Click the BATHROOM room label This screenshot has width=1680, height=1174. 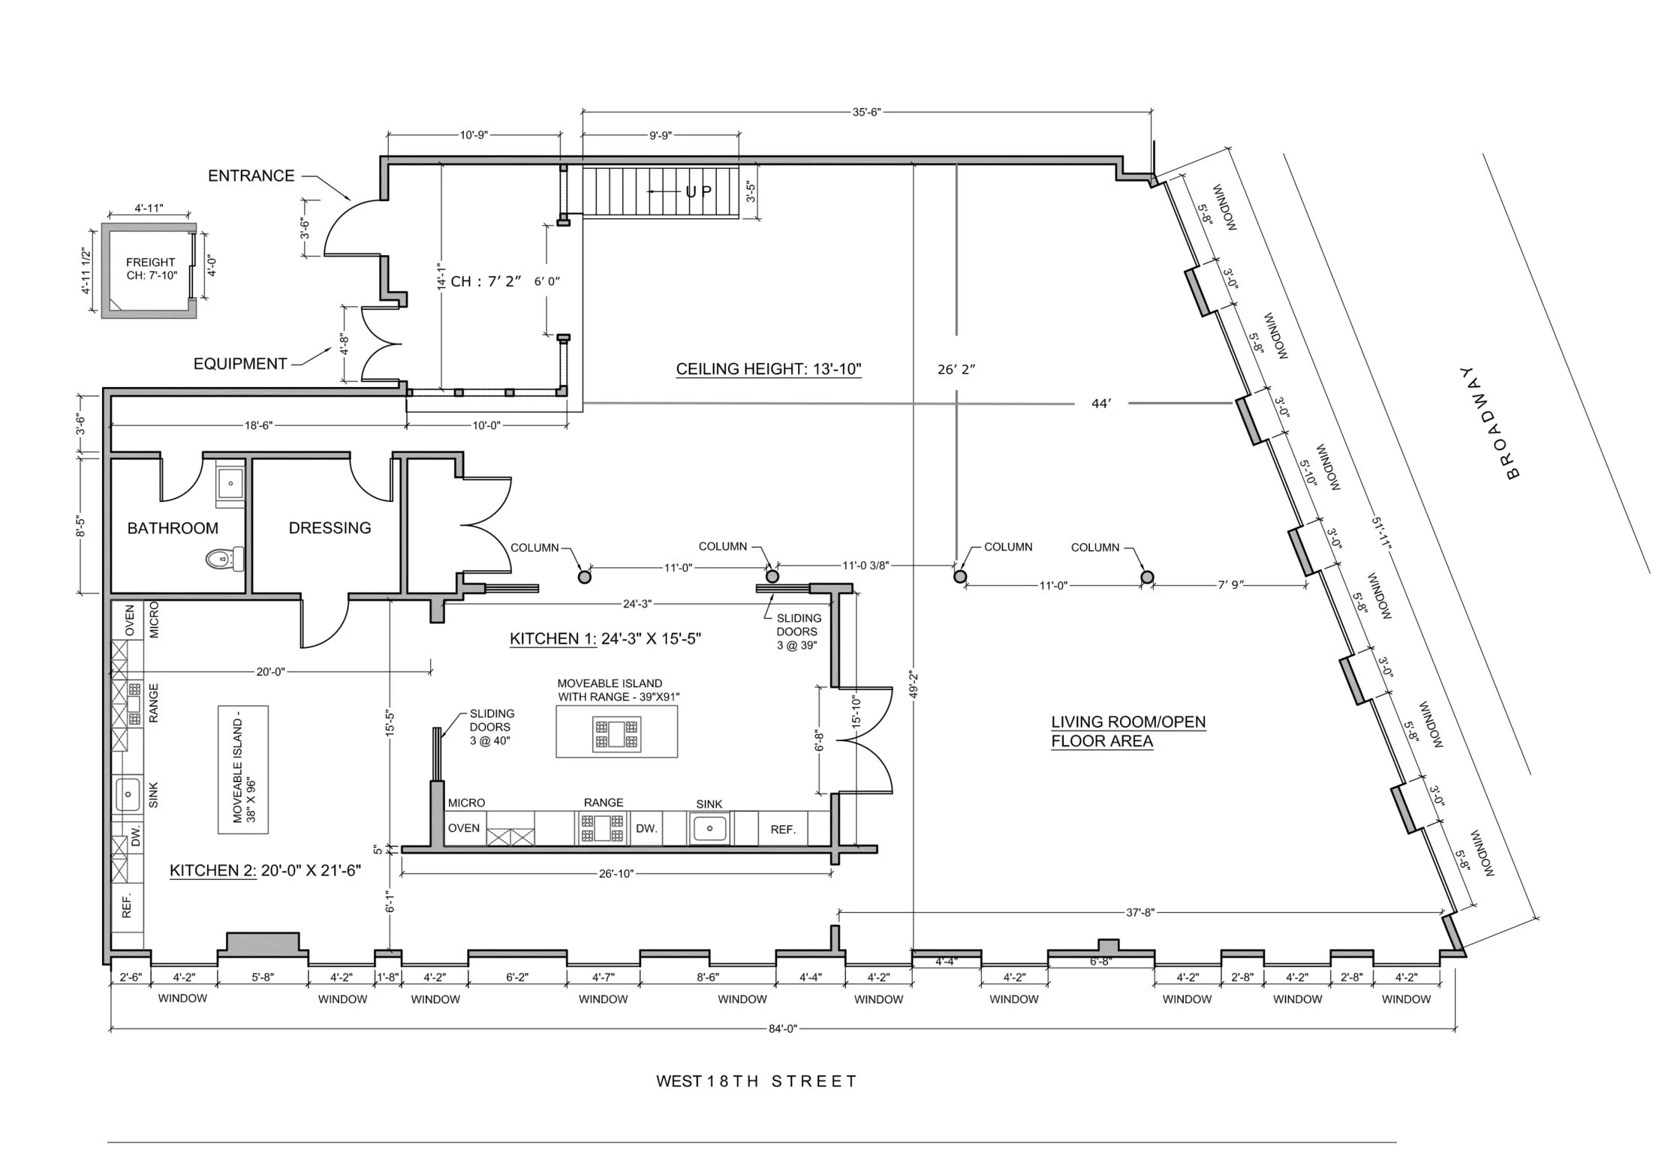173,528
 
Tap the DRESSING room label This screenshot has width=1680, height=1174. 330,527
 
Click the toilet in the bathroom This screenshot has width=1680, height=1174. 224,558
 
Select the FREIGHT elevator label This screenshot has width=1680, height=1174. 150,263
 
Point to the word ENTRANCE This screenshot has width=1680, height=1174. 251,176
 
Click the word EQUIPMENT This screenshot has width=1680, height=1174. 240,364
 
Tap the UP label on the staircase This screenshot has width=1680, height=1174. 699,192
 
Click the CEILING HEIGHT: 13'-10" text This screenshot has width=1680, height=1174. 769,369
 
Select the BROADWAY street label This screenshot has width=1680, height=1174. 1487,422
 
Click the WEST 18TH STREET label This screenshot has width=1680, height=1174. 756,1081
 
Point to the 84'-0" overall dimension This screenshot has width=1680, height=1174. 782,1028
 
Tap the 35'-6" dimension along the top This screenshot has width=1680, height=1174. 866,113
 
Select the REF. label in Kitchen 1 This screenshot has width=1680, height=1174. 783,829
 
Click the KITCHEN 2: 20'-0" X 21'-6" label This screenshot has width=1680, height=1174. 266,870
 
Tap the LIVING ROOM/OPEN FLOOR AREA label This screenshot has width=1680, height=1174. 1128,731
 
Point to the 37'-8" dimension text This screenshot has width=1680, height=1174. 1140,912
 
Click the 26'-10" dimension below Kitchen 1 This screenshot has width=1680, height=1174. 616,873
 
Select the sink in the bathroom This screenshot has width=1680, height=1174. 230,483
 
